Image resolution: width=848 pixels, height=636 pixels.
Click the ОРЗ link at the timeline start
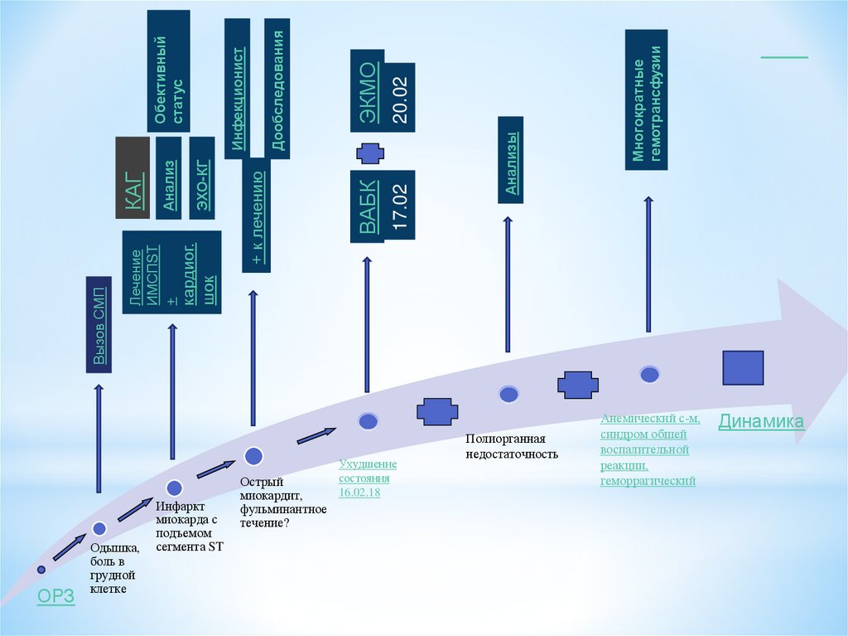56,596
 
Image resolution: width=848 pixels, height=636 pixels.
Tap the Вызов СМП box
99,323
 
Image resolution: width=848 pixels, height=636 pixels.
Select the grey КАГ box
132,177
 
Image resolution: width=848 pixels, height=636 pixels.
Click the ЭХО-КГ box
202,177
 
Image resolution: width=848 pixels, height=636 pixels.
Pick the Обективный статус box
169,70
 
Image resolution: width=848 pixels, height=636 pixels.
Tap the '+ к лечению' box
256,215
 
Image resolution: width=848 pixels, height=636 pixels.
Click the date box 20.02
401,96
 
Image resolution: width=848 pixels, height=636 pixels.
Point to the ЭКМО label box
367,96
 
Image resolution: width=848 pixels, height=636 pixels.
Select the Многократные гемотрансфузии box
647,100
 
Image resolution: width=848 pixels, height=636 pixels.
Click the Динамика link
760,421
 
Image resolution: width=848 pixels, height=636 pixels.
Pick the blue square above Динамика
743,367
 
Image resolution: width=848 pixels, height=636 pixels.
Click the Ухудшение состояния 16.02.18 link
367,478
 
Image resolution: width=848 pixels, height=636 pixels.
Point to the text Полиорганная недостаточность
512,446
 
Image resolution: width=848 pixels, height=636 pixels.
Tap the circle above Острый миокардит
253,454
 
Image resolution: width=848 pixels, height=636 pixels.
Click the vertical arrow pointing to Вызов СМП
99,439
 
